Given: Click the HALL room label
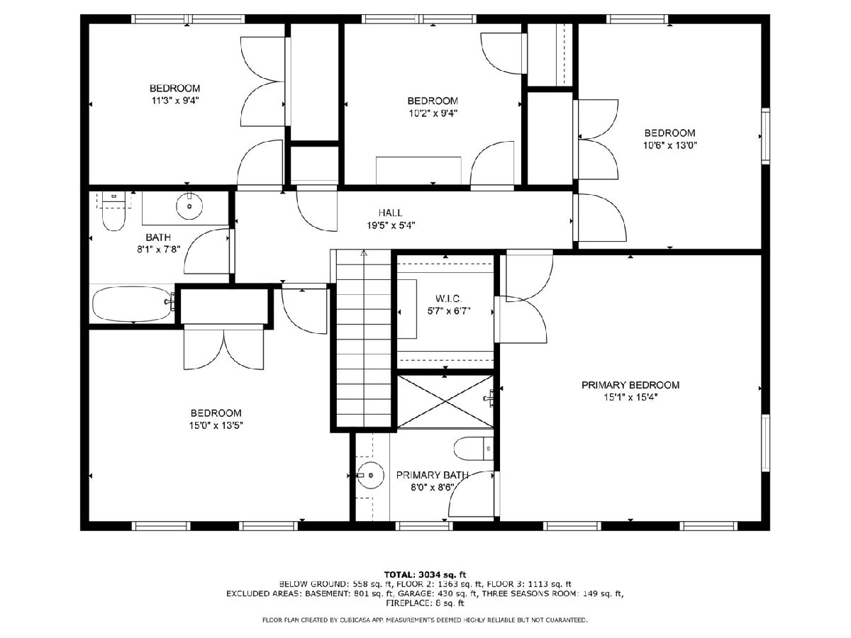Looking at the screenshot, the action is [x=391, y=213].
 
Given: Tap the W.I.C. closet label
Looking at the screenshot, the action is [x=449, y=298].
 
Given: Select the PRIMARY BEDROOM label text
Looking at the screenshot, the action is [x=630, y=385].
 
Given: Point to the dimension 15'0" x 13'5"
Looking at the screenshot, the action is [x=216, y=426].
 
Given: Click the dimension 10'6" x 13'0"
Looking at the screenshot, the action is [x=670, y=145].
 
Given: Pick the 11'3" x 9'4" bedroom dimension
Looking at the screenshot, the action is [x=175, y=101].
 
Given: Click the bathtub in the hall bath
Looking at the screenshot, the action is [x=133, y=304].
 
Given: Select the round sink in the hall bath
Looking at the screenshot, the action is [x=189, y=206].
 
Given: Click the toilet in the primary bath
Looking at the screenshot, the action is [x=474, y=449].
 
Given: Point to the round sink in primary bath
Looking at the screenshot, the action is [x=370, y=475].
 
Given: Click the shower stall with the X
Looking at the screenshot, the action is [x=445, y=402].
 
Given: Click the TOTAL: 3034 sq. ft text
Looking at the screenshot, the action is [x=425, y=574].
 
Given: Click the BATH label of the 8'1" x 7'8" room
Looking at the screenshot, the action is [x=158, y=237].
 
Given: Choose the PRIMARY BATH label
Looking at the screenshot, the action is [x=433, y=475].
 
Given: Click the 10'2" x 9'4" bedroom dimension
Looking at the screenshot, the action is [x=433, y=113].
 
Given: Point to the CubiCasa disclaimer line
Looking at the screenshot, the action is [x=425, y=620].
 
